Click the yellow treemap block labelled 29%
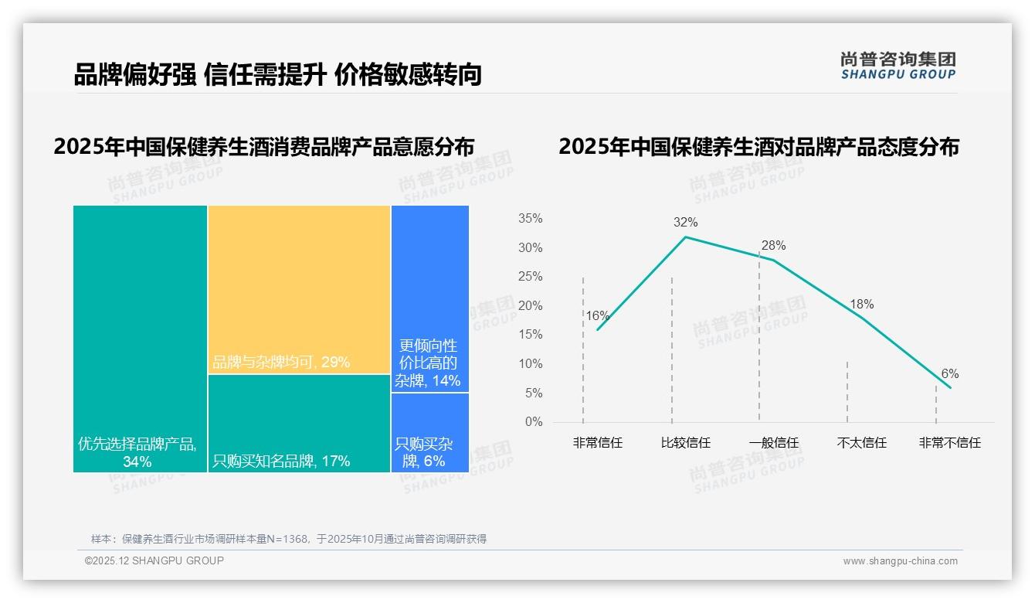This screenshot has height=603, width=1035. pos(299,289)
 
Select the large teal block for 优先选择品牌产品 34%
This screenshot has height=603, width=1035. pos(140,338)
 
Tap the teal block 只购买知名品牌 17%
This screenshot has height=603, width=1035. pos(299,423)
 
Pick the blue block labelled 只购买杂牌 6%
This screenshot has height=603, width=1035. pos(429,432)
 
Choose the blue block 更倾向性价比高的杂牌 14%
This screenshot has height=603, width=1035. pos(429,298)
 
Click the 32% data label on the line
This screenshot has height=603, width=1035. pos(685,223)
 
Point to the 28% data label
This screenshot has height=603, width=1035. pos(773,246)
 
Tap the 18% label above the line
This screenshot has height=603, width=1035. pos(861,305)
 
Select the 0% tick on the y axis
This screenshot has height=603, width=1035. pos(534,422)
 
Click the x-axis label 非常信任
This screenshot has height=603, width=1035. pos(597,443)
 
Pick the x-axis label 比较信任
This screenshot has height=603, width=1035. pos(685,443)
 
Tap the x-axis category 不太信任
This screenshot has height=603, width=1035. pos(861,443)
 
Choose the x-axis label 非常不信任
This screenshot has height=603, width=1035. pos(949,443)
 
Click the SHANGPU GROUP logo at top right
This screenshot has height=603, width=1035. pos(898,66)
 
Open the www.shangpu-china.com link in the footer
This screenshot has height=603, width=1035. pos(900,561)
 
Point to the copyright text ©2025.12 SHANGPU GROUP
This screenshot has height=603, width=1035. pos(154,560)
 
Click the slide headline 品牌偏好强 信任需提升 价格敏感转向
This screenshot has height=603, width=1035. pos(278,75)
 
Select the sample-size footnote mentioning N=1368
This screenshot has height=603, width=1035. pos(289,539)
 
